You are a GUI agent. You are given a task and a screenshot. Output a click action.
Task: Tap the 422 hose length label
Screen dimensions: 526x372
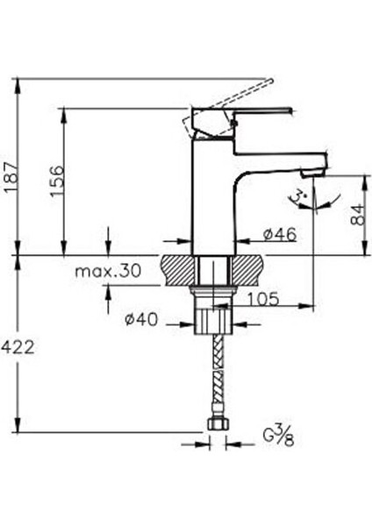coord(18,348)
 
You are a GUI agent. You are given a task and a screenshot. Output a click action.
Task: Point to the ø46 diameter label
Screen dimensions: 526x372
coord(279,234)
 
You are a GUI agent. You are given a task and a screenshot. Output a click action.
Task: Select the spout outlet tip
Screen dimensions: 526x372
coord(314,167)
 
